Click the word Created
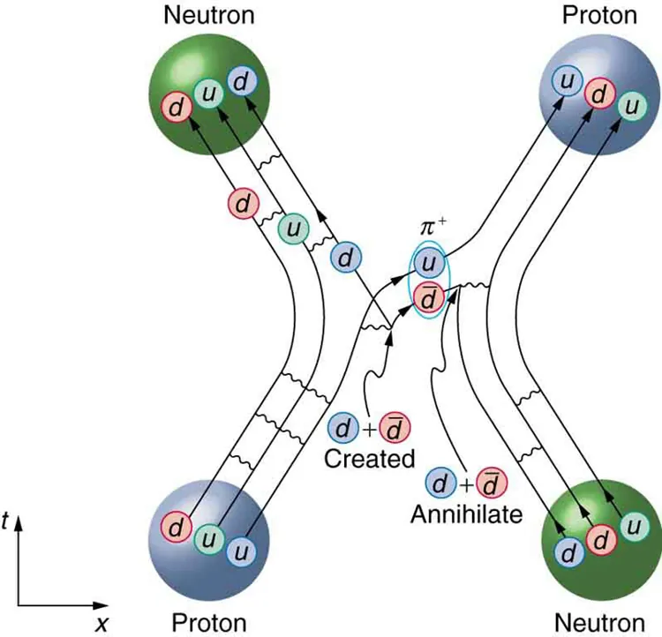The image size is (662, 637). point(369,458)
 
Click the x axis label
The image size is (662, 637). point(102,623)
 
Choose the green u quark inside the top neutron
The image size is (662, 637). point(208,94)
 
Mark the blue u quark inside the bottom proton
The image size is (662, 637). point(241,551)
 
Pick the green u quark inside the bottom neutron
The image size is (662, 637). point(632,526)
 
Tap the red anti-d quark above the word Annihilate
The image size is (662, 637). point(489,483)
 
